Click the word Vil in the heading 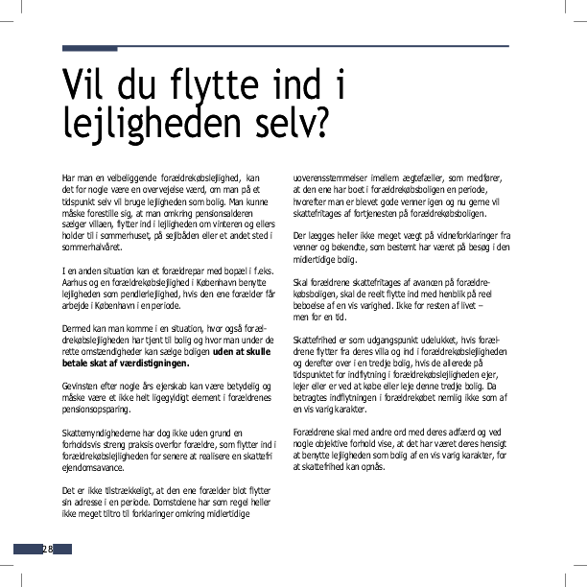click(x=84, y=85)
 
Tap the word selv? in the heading click(x=288, y=123)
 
